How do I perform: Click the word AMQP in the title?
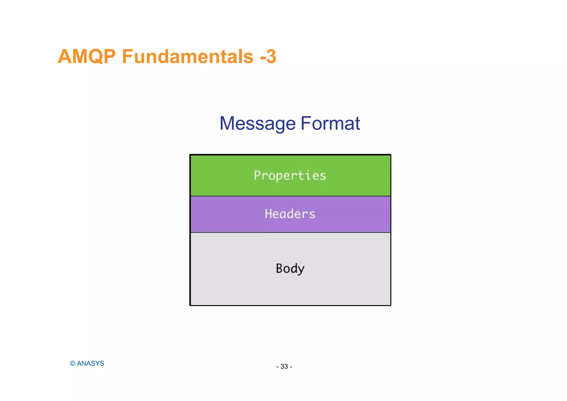87,57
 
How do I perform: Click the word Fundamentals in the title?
187,57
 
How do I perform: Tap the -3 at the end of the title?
268,57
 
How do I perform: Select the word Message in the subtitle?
257,124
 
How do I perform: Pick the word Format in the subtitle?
330,124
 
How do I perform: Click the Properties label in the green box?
290,176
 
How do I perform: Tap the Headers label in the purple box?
290,214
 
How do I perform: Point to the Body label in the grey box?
290,268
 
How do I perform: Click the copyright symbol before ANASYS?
73,364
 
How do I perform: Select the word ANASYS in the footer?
91,364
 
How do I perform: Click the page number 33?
284,367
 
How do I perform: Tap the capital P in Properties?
257,175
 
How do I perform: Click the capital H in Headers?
268,214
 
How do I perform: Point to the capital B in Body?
280,268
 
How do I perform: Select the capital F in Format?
305,124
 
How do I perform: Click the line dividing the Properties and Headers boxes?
290,196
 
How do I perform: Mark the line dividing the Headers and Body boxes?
290,232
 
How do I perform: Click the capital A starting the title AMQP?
64,57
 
